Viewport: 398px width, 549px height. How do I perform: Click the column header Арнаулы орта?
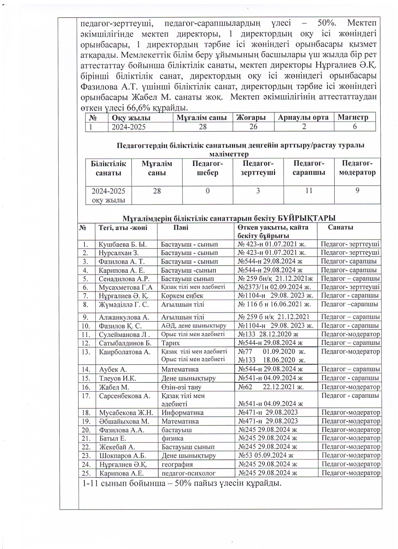[303, 117]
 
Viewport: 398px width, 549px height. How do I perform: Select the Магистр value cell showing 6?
[355, 127]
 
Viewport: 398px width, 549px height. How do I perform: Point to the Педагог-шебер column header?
[208, 168]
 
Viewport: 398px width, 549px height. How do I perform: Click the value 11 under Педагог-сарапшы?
[309, 190]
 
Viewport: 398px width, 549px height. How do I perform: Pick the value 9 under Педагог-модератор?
[357, 190]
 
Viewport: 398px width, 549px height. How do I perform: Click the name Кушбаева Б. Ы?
[123, 244]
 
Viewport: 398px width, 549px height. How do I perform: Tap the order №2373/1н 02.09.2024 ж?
[274, 287]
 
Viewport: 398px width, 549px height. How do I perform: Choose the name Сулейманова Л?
[124, 334]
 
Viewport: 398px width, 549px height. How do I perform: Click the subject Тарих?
[171, 343]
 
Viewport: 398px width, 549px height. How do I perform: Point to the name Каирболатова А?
[125, 352]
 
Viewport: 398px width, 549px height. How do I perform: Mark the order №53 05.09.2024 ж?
[266, 456]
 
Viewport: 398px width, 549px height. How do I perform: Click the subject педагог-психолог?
[188, 473]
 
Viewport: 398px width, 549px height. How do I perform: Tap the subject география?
[177, 464]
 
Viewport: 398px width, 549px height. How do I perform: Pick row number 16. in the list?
[86, 387]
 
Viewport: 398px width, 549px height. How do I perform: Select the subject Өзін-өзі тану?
[181, 387]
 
